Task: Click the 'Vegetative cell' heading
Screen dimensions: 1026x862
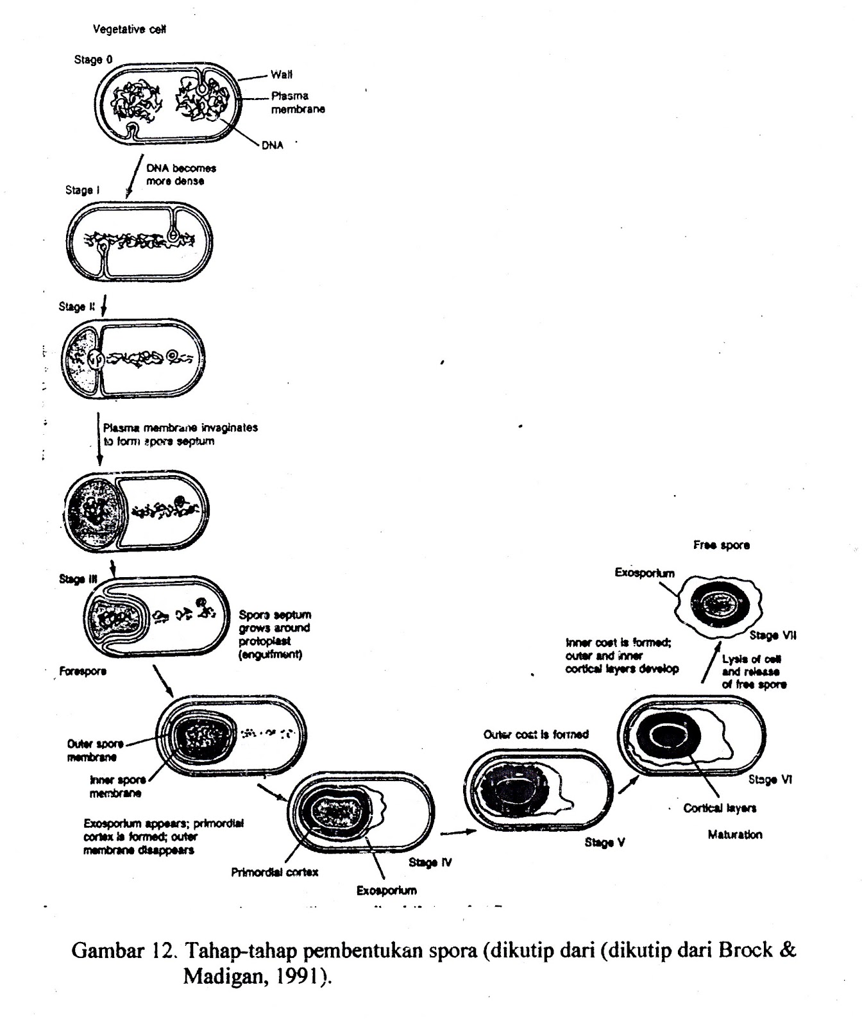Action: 130,29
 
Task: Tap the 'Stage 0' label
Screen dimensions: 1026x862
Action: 93,60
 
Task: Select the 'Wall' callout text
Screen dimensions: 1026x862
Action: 282,74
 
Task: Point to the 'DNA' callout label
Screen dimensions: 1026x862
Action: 272,146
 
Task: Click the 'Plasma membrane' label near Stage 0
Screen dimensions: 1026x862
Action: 298,103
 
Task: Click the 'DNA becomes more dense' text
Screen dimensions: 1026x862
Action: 181,174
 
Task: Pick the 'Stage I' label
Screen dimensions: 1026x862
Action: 82,190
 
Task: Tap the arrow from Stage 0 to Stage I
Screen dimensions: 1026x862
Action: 133,176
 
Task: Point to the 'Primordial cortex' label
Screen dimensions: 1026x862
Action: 275,872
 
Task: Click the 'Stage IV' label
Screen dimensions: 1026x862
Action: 430,862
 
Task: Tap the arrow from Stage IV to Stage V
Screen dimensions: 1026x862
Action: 457,832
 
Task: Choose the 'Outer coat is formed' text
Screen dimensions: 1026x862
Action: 536,734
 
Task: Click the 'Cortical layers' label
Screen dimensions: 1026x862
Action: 720,808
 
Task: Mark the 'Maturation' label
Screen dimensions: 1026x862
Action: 735,835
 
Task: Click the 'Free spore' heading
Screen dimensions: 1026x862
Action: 721,545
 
